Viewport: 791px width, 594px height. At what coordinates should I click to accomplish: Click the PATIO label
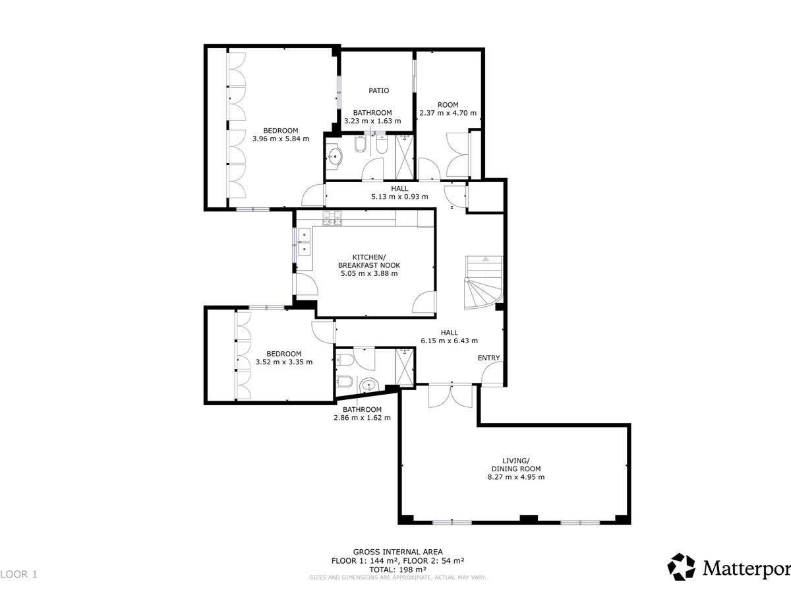379,90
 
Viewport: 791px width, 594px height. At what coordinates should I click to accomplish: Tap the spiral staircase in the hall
483,282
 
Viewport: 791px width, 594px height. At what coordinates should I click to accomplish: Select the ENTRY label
488,358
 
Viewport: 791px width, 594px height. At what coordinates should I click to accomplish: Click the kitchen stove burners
333,218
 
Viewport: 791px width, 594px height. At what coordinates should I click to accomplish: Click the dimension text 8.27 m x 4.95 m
516,477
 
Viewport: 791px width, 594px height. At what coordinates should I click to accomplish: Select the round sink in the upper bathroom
334,157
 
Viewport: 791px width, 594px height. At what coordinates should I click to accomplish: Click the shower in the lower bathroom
404,367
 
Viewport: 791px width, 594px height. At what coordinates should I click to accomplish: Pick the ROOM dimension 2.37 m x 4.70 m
448,113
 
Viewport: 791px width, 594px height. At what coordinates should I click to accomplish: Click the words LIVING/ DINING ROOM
516,465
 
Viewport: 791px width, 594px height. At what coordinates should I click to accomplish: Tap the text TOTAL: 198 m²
398,570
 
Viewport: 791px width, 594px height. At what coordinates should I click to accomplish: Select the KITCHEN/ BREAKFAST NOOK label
369,261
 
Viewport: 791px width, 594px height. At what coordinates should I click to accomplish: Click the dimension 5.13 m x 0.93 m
399,197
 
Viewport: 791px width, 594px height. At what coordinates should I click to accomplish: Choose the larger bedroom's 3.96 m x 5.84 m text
281,139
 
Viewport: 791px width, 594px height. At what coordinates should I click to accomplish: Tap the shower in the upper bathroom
405,157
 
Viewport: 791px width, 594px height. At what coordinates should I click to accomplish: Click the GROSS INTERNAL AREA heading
398,552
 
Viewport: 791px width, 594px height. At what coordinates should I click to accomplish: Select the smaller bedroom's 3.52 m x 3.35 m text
284,362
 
